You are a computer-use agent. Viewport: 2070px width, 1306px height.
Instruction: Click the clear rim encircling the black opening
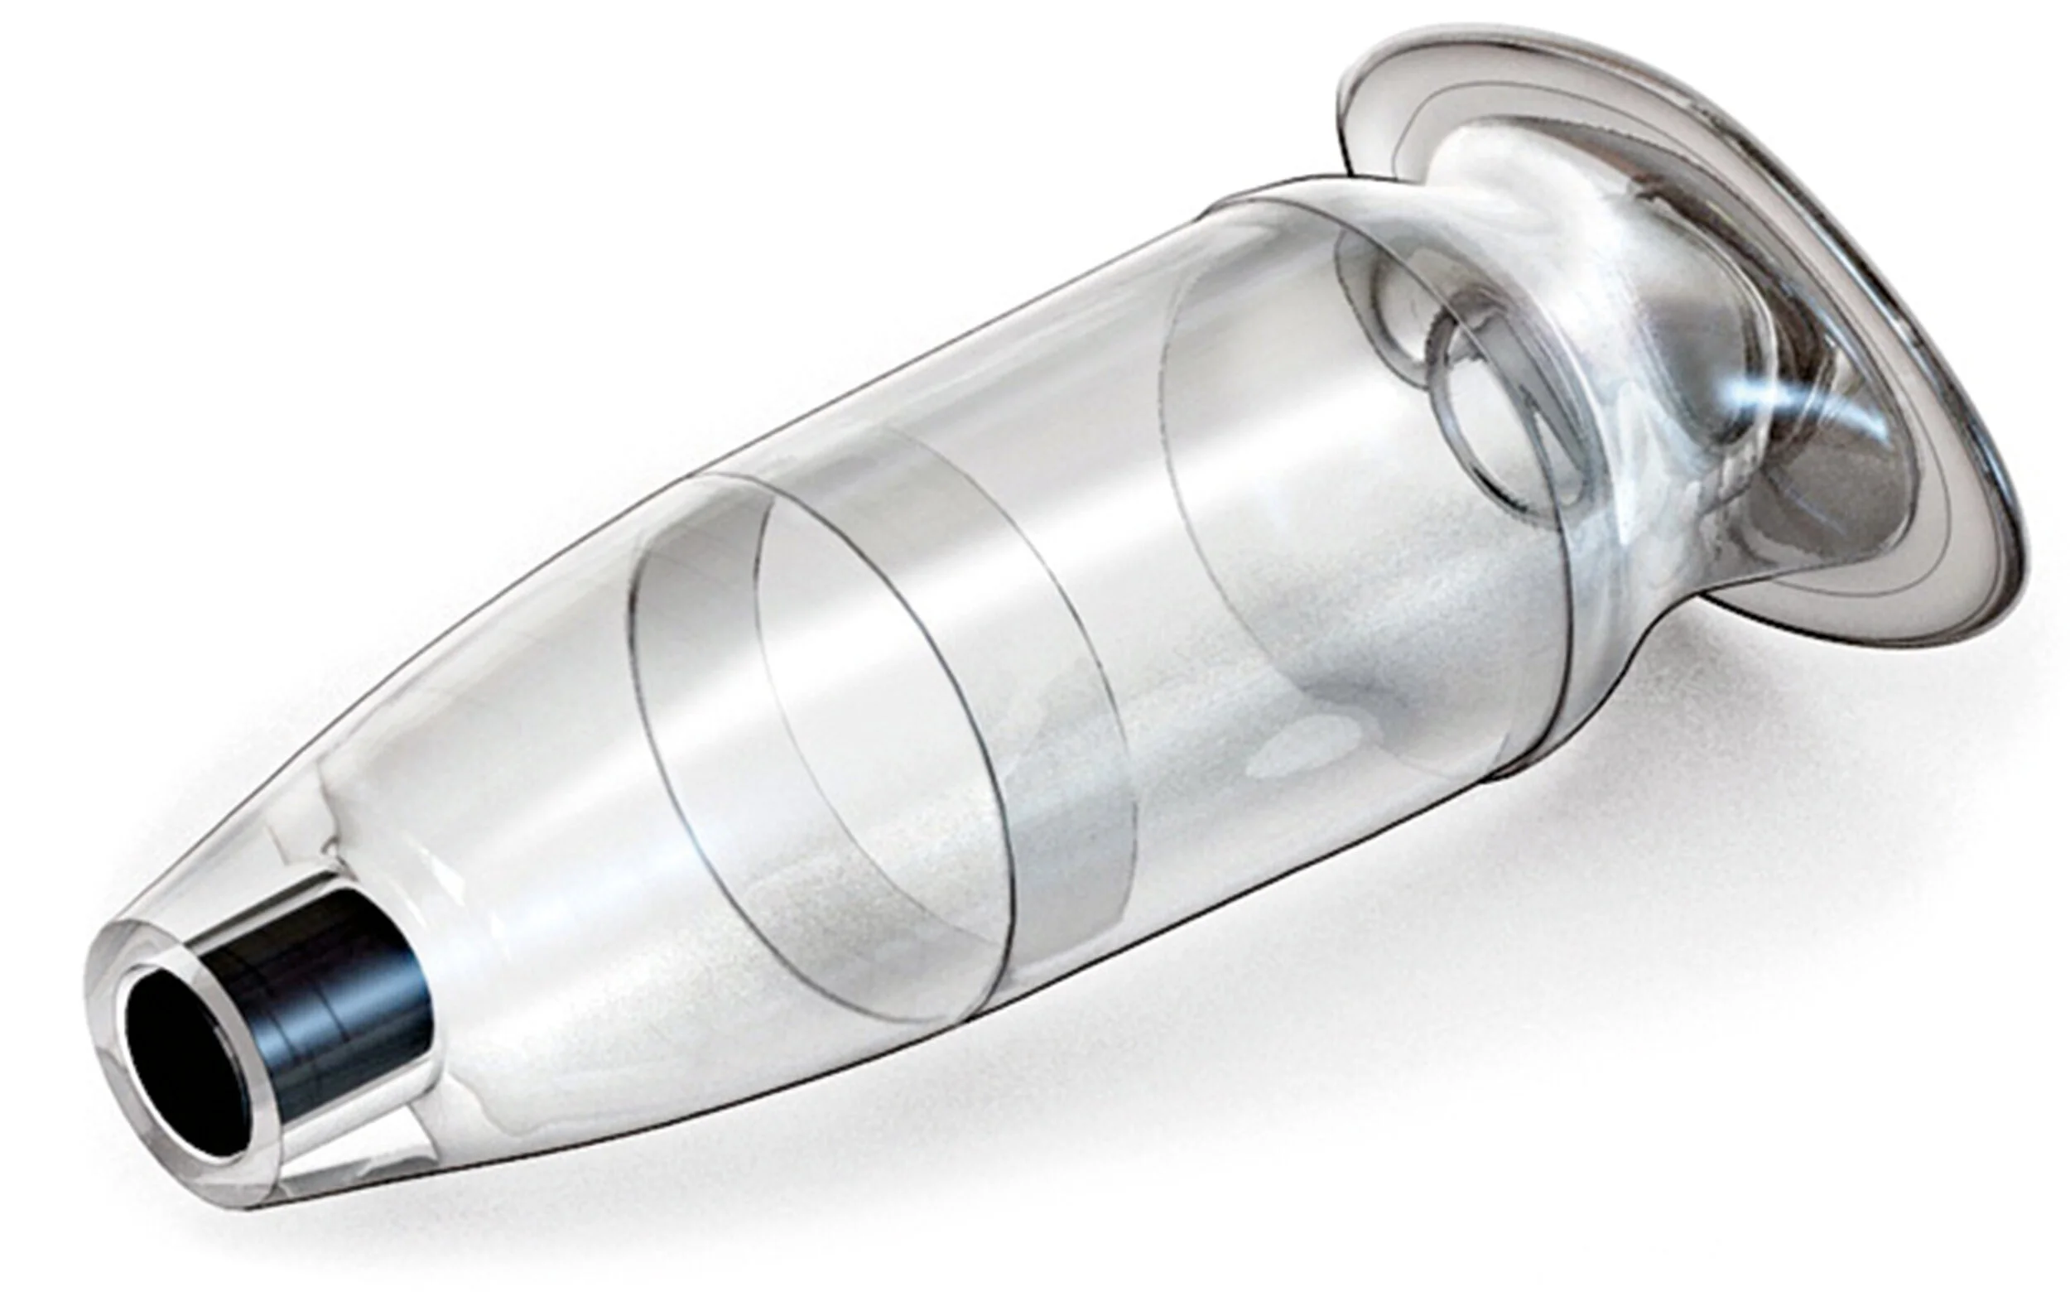120,971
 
